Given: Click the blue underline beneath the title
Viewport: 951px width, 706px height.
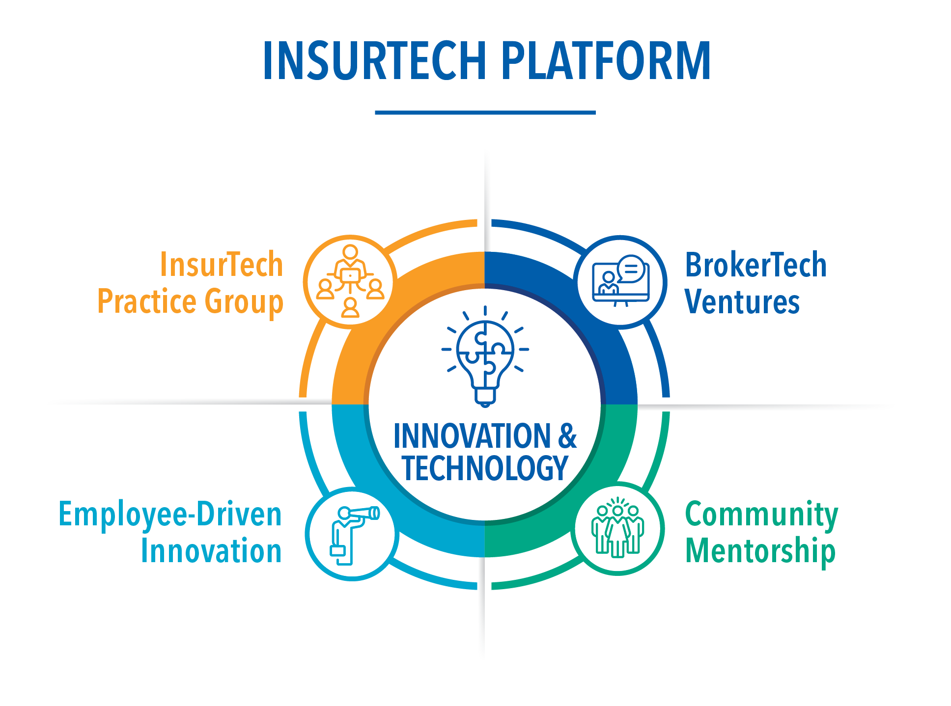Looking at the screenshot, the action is coord(485,112).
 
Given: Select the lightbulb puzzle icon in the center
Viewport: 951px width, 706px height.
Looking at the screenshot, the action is coord(485,356).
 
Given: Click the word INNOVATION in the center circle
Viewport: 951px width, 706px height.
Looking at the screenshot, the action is coord(473,435).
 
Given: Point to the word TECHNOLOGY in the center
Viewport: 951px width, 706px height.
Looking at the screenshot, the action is coord(485,468).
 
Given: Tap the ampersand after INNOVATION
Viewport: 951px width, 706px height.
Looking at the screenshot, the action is coord(567,435).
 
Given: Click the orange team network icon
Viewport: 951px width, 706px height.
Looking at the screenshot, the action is coord(350,281).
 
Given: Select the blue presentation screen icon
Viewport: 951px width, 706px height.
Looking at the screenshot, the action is coord(621,281).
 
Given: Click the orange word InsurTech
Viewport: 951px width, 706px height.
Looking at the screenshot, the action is coord(222,265).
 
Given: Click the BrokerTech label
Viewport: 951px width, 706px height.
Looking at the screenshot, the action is coord(756,265).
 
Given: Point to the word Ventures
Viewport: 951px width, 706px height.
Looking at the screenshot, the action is coord(742,301).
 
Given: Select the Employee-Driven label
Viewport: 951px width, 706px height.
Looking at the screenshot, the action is coord(170,515).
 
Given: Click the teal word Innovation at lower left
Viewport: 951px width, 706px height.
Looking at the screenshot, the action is coord(211,550).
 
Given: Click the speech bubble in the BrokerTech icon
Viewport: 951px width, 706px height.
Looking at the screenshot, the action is coord(631,269).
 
